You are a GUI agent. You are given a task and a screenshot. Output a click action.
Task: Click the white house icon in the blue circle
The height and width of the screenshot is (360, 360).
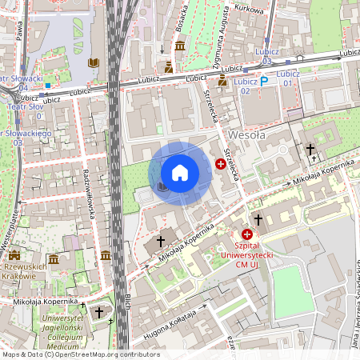coord(180,173)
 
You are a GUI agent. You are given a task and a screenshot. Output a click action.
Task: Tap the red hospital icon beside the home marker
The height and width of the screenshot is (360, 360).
coord(221,164)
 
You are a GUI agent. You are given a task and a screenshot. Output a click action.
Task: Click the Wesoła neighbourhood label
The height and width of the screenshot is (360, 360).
coord(246,135)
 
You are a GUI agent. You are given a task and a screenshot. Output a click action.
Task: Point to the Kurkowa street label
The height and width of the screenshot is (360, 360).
coord(249,10)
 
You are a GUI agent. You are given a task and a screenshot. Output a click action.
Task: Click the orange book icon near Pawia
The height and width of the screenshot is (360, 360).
coord(94,62)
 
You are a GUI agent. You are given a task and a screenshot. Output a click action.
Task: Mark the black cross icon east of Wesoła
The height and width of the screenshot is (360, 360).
coord(310,150)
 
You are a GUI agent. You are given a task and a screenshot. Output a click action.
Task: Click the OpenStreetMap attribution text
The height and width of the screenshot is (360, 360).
coord(80,354)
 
